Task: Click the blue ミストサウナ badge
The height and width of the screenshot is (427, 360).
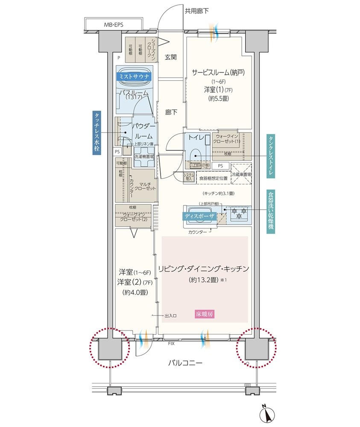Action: pos(134,77)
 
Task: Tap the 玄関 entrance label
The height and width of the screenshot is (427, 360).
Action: pos(171,57)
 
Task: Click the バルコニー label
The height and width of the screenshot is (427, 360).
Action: pos(184,363)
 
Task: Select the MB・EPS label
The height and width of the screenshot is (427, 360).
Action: pos(114,25)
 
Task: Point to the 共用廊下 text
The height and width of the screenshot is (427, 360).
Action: pos(196,11)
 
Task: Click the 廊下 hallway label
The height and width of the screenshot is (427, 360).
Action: pos(171,112)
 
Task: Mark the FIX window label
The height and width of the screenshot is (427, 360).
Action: pos(171,343)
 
